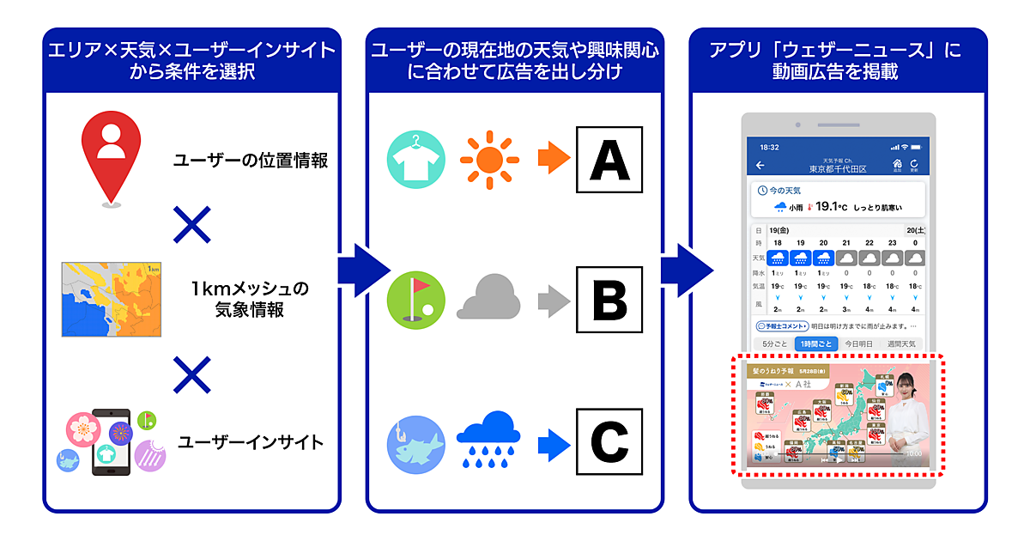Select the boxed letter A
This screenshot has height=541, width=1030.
click(609, 159)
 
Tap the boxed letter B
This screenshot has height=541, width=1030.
click(609, 301)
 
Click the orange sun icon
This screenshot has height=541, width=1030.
click(489, 160)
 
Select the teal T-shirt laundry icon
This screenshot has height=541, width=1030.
click(417, 160)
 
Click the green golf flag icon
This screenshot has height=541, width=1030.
click(417, 301)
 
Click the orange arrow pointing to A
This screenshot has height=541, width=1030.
click(553, 160)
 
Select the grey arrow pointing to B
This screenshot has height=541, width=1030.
click(553, 301)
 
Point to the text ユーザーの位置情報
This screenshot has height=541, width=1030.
click(250, 161)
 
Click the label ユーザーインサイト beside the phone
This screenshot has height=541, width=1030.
click(251, 443)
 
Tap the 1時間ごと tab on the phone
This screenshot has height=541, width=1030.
click(815, 343)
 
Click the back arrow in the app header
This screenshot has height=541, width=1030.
click(760, 166)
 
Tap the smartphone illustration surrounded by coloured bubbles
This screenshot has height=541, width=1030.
click(111, 441)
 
